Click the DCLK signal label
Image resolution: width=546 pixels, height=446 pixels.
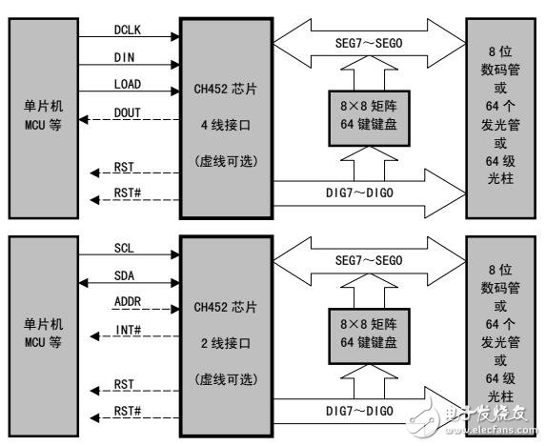coord(127,29)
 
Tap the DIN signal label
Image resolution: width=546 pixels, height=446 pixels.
coord(123,56)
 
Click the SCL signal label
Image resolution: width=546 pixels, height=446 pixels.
coord(123,246)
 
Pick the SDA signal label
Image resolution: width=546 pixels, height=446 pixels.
coord(123,274)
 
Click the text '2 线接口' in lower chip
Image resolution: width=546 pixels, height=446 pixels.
coord(226,336)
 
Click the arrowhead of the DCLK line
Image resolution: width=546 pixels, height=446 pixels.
coord(175,38)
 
